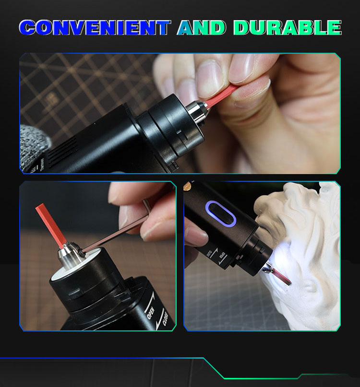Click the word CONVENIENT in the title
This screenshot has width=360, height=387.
click(95, 27)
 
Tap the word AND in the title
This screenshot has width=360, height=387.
click(202, 27)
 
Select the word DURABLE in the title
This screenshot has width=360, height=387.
click(288, 27)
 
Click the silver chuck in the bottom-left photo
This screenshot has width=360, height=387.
click(70, 256)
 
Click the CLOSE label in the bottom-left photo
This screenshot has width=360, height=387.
click(166, 319)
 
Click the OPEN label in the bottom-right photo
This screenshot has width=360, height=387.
click(222, 255)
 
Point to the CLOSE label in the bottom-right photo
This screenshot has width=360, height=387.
click(209, 254)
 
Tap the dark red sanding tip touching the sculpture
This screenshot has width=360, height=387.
click(282, 277)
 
